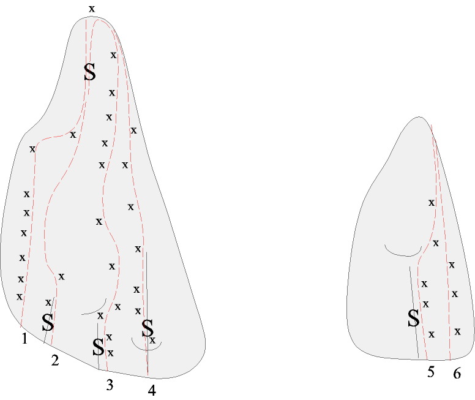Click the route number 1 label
[24, 338]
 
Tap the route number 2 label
[55, 361]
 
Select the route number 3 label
[110, 385]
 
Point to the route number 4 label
[152, 391]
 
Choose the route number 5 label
[431, 372]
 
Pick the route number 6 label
[457, 373]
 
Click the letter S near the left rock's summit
[90, 72]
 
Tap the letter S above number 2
[48, 322]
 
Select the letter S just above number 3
[98, 347]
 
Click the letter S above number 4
[148, 328]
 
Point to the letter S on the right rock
[414, 318]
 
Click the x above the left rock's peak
[92, 9]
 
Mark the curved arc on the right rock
[403, 251]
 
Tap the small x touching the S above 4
[152, 341]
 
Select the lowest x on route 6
[457, 332]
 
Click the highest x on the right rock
[432, 203]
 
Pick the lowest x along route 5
[432, 334]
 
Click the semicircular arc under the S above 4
[146, 345]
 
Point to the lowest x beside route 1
[20, 296]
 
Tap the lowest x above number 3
[110, 353]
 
